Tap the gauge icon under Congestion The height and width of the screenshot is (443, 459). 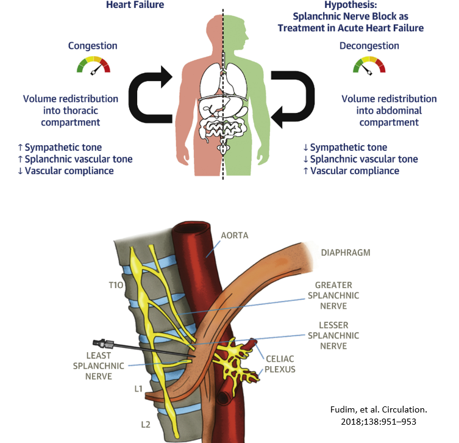click(93, 65)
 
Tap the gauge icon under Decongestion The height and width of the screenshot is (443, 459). click(369, 65)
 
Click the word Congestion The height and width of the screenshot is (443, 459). click(93, 46)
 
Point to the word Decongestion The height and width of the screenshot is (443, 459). click(369, 46)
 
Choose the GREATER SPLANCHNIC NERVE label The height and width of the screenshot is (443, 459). click(337, 295)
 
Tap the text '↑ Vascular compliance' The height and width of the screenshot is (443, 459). click(351, 171)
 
